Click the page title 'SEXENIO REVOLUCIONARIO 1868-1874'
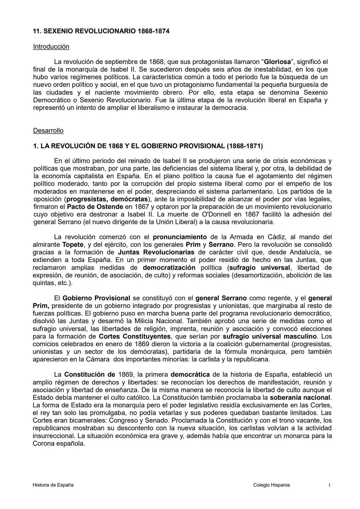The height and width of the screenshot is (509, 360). pos(106,31)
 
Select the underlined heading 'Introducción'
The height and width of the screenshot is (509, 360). pos(51,47)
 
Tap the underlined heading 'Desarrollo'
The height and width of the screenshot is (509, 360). pos(48,131)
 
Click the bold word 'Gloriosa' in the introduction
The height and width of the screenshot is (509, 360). pos(277,62)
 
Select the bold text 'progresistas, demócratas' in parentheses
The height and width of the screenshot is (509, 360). pos(107,199)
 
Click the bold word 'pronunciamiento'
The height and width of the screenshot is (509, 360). pos(180,237)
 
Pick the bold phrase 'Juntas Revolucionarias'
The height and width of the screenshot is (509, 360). pos(156,252)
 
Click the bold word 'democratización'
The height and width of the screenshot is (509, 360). pos(169,268)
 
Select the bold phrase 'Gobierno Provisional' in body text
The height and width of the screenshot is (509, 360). pos(96,298)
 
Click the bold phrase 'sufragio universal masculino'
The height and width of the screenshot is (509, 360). pos(270,336)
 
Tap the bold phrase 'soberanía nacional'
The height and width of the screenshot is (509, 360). pos(300,398)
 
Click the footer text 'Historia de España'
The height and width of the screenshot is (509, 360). pos(53,485)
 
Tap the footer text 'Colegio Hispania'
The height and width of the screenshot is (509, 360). pos(271,485)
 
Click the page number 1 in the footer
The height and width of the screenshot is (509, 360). pos(329,485)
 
